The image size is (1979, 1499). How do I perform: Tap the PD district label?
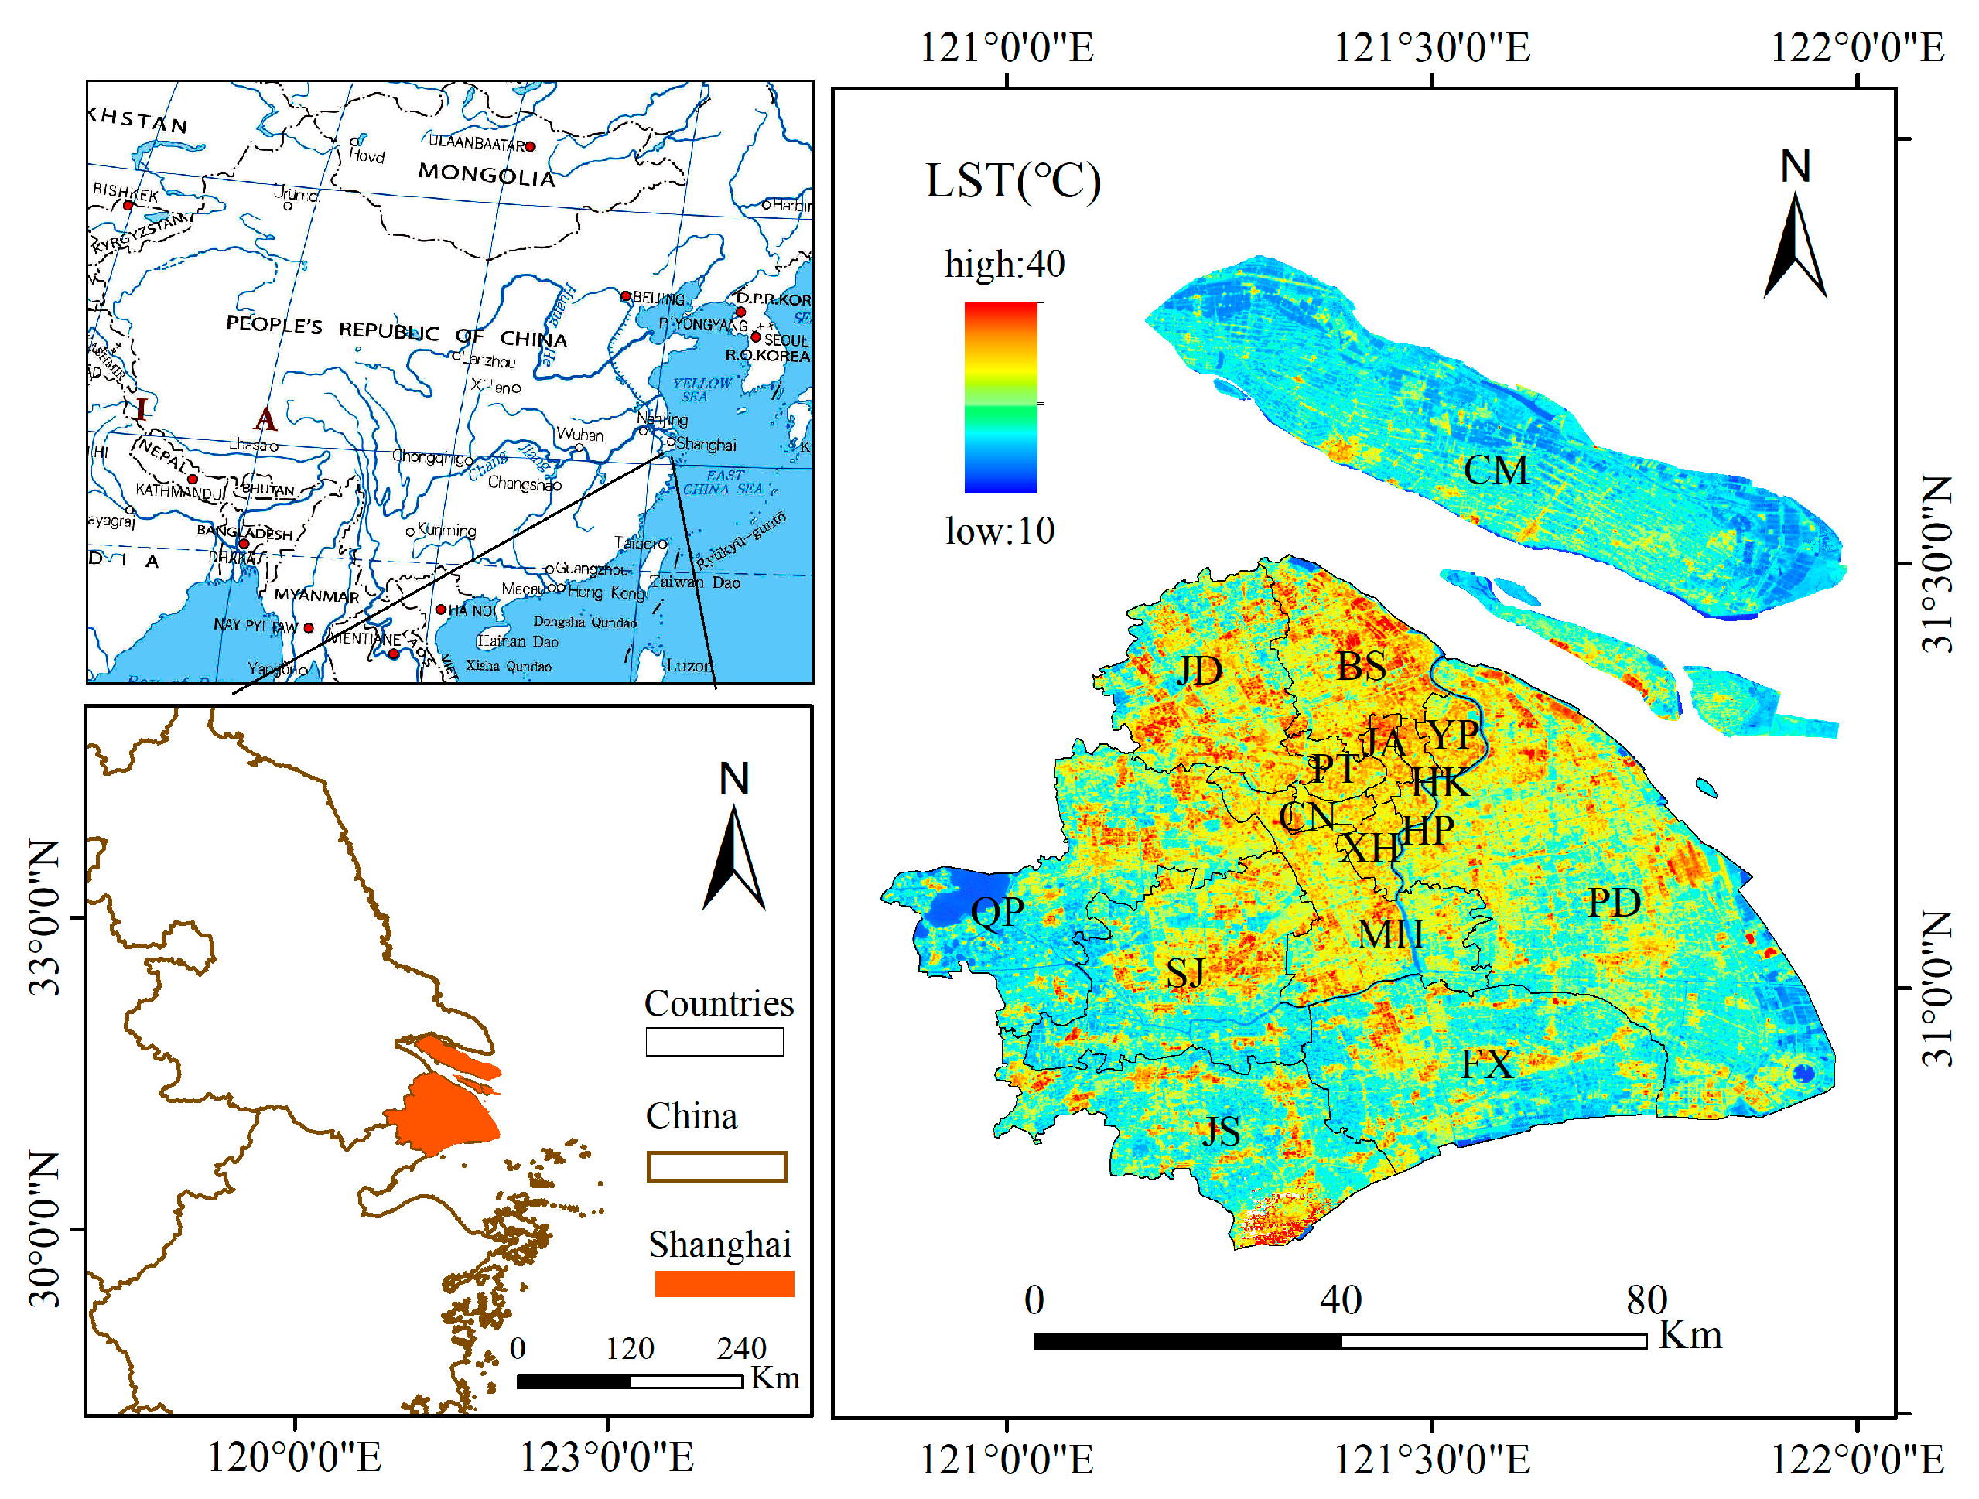[1613, 903]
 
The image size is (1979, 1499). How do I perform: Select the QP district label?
[996, 912]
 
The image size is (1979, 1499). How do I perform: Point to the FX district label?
[1487, 1064]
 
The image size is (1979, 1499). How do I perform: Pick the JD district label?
[1199, 670]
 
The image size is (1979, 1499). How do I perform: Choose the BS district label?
[1361, 665]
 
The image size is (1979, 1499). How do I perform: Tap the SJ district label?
[1184, 972]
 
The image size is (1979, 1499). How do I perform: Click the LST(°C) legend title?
[1012, 181]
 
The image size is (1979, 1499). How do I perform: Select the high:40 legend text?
[1004, 265]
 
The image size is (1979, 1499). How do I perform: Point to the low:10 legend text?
[1000, 531]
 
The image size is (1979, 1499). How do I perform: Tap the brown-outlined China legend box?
[716, 1166]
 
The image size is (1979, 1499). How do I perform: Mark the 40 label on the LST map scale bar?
[1340, 1299]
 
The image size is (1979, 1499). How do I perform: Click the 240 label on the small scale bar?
[741, 1348]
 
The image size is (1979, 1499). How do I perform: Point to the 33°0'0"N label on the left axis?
[45, 917]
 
